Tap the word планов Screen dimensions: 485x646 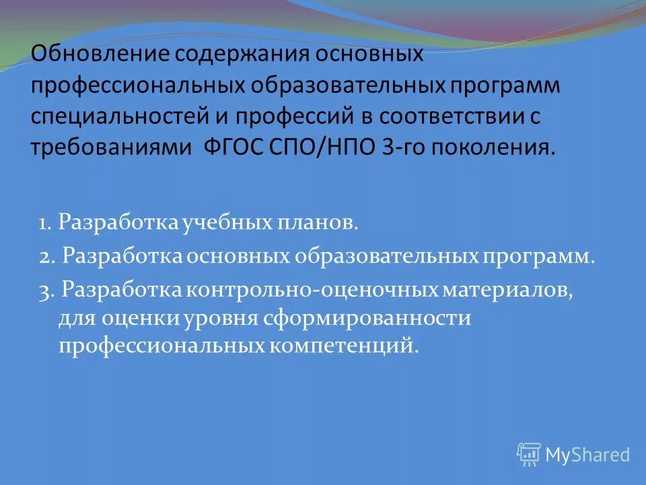315,223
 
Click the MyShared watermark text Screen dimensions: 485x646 587,455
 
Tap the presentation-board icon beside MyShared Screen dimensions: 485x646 529,455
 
